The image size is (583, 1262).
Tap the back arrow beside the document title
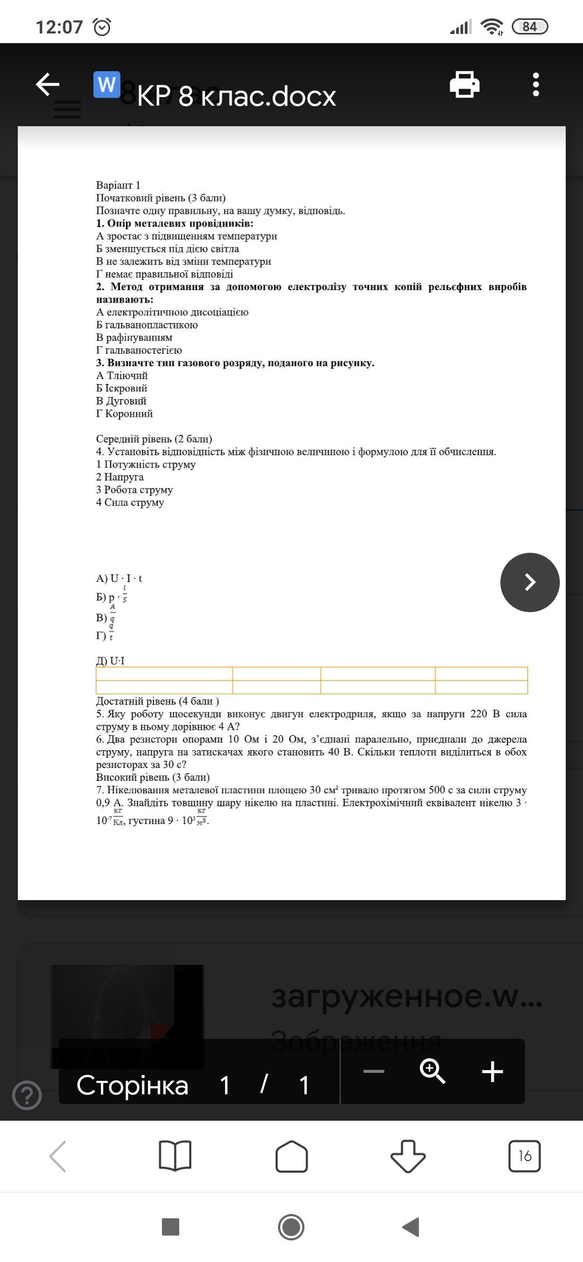point(48,85)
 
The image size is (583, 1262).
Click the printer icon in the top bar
point(464,85)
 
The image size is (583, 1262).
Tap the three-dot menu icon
point(535,85)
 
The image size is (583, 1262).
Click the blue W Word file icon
point(106,85)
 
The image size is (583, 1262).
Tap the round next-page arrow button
point(530,582)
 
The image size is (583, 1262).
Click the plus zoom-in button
point(492,1071)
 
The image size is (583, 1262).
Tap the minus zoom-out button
point(374,1071)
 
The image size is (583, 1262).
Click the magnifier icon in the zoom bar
point(432,1071)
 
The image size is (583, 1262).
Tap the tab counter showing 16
point(524,1156)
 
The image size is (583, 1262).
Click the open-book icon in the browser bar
point(175,1156)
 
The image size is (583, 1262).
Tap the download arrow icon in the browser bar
point(408,1156)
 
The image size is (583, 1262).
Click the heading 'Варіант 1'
point(118,185)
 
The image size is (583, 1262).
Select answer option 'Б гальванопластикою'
point(147,325)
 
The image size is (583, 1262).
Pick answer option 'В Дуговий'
point(121,401)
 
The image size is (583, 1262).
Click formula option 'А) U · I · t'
point(119,578)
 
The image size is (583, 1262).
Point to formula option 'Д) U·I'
point(110,661)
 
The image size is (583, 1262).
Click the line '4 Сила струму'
point(130,502)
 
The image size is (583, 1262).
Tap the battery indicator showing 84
point(530,26)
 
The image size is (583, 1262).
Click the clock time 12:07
point(59,26)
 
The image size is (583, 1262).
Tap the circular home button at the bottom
point(291,1227)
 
